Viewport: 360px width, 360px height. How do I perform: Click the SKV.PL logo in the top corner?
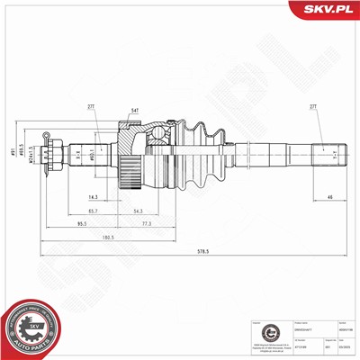[x=326, y=11]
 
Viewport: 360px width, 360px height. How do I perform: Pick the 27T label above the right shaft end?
[x=314, y=107]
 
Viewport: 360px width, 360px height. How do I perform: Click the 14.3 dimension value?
[x=94, y=195]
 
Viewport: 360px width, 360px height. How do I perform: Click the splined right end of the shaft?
[x=325, y=154]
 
